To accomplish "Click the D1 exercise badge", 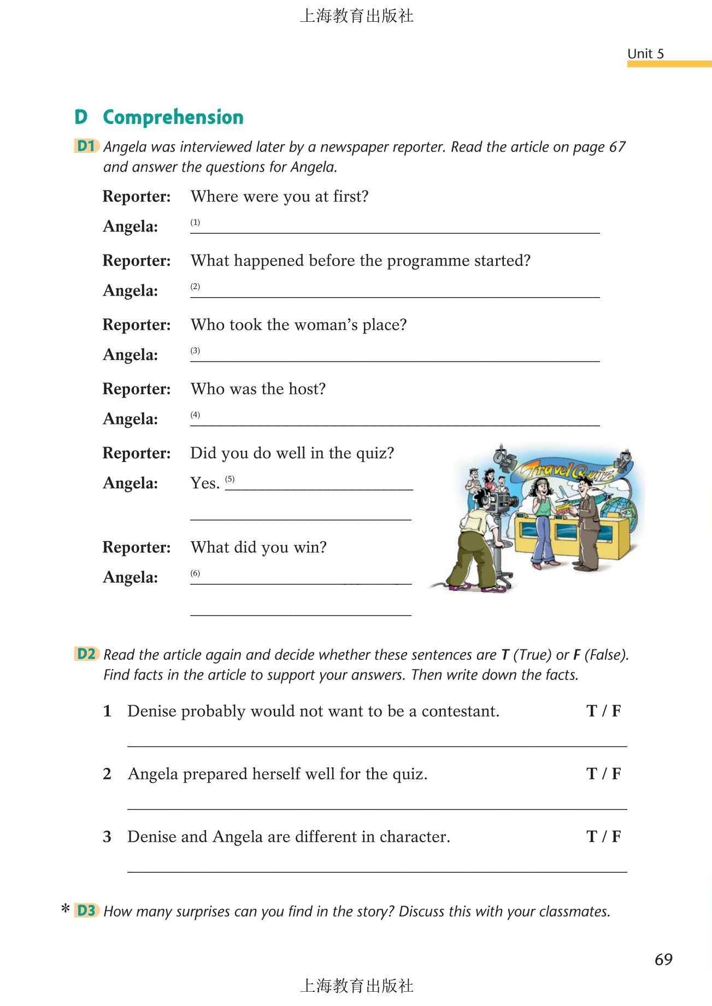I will (86, 146).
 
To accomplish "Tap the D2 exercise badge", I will (86, 654).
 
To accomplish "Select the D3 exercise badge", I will (86, 910).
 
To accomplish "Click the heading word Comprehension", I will (173, 117).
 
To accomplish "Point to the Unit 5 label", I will (645, 54).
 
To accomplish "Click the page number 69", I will (663, 960).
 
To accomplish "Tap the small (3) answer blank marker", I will (195, 351).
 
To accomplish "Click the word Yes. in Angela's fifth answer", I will (205, 483).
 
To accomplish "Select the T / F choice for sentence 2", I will (603, 774).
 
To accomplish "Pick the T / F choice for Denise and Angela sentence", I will (603, 837).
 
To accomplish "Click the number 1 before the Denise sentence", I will (107, 711).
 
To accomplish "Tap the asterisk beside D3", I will (66, 909).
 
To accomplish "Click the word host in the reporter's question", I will (307, 389).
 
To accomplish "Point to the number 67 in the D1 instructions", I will (617, 147).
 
